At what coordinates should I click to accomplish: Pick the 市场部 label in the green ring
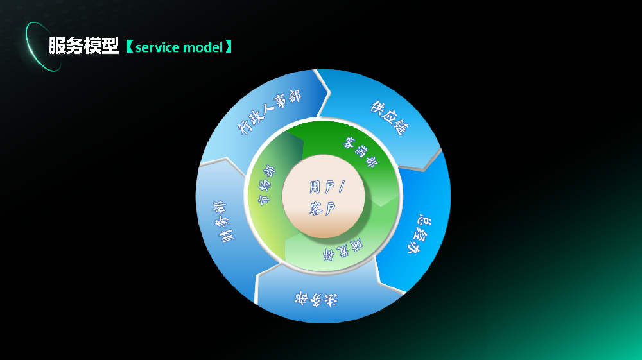point(266,185)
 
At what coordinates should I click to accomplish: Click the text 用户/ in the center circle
point(327,187)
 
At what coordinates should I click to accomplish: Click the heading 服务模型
point(84,47)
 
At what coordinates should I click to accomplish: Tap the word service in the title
point(158,47)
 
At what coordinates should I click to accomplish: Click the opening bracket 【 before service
point(129,47)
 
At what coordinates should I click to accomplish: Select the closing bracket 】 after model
point(228,47)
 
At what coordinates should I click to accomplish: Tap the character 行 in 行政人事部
point(244,128)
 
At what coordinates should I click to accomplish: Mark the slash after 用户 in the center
point(342,187)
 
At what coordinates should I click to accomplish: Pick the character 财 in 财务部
point(227,236)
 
